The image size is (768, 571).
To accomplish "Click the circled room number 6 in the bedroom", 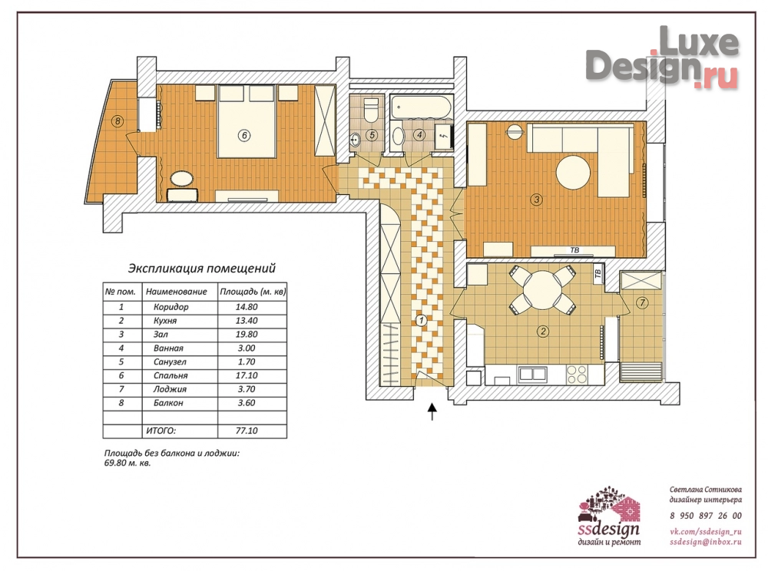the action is tap(244, 135).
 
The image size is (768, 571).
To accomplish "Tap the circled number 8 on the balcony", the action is tap(117, 120).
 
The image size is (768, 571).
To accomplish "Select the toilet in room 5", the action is tap(371, 110).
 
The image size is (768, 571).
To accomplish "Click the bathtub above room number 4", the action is tap(422, 107).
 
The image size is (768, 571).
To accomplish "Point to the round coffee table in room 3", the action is tap(573, 172).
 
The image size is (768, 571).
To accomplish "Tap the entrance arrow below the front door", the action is tap(432, 411).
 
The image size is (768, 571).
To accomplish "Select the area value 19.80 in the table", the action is tap(247, 335).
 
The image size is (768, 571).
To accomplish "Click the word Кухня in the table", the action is tap(165, 321).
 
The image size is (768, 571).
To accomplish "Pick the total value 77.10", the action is tap(247, 431).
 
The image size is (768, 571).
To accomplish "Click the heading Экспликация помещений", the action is tap(202, 268).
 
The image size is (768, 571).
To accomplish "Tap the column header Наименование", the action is tap(177, 292).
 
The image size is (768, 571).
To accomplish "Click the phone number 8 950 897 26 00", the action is tap(706, 516).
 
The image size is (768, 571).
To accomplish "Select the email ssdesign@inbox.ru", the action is tap(706, 542).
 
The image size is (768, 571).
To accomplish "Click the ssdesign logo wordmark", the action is tap(609, 530).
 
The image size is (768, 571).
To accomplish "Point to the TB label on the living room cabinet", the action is tap(574, 250).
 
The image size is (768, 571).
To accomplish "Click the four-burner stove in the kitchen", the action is tap(577, 375).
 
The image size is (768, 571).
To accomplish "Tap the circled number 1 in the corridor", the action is tap(421, 321).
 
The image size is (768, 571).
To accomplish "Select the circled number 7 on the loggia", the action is tap(642, 303).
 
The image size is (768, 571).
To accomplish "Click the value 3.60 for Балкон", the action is tap(247, 403).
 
